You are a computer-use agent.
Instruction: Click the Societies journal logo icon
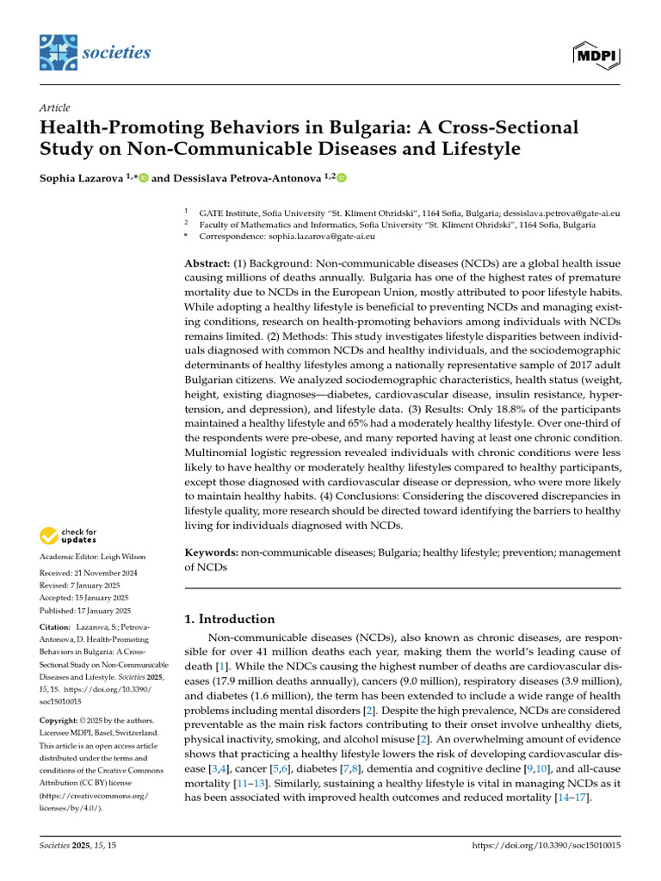57,52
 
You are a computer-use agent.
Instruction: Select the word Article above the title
54,108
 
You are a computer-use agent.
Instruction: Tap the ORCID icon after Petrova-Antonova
342,178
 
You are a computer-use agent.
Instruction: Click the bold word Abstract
207,262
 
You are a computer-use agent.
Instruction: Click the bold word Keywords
212,552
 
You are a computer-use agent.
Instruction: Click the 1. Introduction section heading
231,619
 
